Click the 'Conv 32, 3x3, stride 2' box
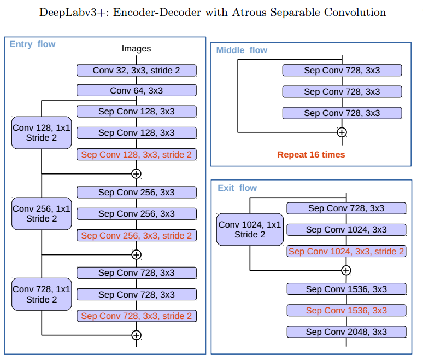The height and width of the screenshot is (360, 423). point(137,70)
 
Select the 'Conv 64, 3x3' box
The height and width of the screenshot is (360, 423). point(137,90)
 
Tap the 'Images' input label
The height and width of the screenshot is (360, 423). point(136,48)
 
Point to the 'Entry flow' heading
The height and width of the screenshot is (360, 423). point(32,44)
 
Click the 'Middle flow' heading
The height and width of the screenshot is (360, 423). point(242,50)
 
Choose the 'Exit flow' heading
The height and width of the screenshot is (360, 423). point(237,188)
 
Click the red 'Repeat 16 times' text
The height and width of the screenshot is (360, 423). point(311,154)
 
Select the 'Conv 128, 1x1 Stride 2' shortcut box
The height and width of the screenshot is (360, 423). point(42,132)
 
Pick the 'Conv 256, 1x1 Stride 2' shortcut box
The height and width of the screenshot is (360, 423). point(42,213)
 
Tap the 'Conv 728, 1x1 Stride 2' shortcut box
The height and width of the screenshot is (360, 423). point(42,294)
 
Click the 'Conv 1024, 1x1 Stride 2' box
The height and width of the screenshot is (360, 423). point(250,230)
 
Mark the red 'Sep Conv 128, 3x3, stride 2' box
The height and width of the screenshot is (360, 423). point(137,154)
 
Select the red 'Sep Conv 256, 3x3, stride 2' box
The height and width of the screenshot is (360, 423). point(137,235)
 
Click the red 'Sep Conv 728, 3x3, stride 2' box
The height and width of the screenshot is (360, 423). point(137,316)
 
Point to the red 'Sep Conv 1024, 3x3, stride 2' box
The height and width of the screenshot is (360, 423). point(346,251)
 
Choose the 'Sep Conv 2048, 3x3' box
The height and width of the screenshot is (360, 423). point(346,332)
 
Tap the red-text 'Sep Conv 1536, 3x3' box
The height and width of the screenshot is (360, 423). point(346,310)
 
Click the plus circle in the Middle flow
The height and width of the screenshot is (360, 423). point(342,132)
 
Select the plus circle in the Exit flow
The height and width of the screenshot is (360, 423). point(346,270)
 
